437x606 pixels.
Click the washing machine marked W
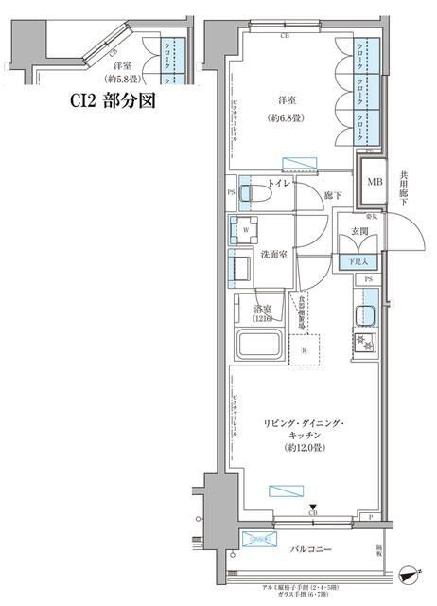(x=247, y=229)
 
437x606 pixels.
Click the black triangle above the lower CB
(x=313, y=507)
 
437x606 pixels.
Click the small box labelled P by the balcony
(x=372, y=517)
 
